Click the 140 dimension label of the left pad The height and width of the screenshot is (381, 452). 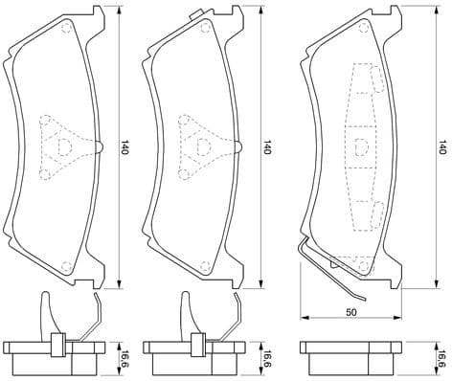(124, 148)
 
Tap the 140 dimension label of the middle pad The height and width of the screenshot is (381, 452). (267, 148)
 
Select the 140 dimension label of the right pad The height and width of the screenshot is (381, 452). (441, 148)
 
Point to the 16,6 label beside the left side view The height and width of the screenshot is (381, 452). (124, 359)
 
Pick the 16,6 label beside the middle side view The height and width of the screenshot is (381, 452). (267, 359)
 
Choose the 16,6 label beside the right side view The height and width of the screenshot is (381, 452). (441, 359)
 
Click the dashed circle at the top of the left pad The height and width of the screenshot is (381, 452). (66, 28)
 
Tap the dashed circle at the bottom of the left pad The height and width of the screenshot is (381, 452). (66, 266)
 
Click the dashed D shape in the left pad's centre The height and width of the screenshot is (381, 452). (63, 146)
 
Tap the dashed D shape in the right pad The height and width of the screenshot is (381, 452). (360, 146)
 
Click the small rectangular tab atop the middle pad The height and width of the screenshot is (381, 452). (199, 12)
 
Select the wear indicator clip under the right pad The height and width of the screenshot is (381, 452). (330, 271)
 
